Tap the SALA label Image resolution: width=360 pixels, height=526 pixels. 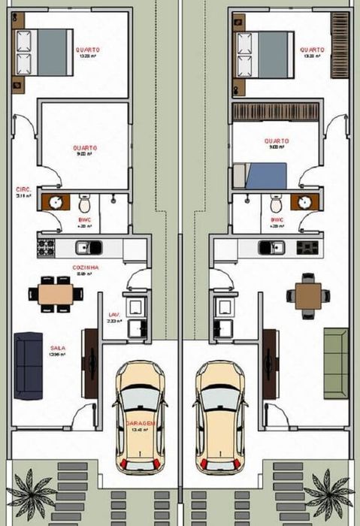tap(57, 349)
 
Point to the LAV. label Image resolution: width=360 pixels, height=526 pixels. tap(114, 315)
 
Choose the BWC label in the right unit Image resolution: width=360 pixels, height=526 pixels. tap(277, 220)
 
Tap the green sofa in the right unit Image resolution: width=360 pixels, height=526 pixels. tap(336, 362)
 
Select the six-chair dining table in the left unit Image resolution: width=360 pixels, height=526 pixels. tap(56, 292)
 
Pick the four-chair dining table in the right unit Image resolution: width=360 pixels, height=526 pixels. tap(307, 291)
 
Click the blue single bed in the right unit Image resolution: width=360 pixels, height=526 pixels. tap(262, 176)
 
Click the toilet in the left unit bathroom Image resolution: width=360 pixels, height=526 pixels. tap(85, 203)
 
